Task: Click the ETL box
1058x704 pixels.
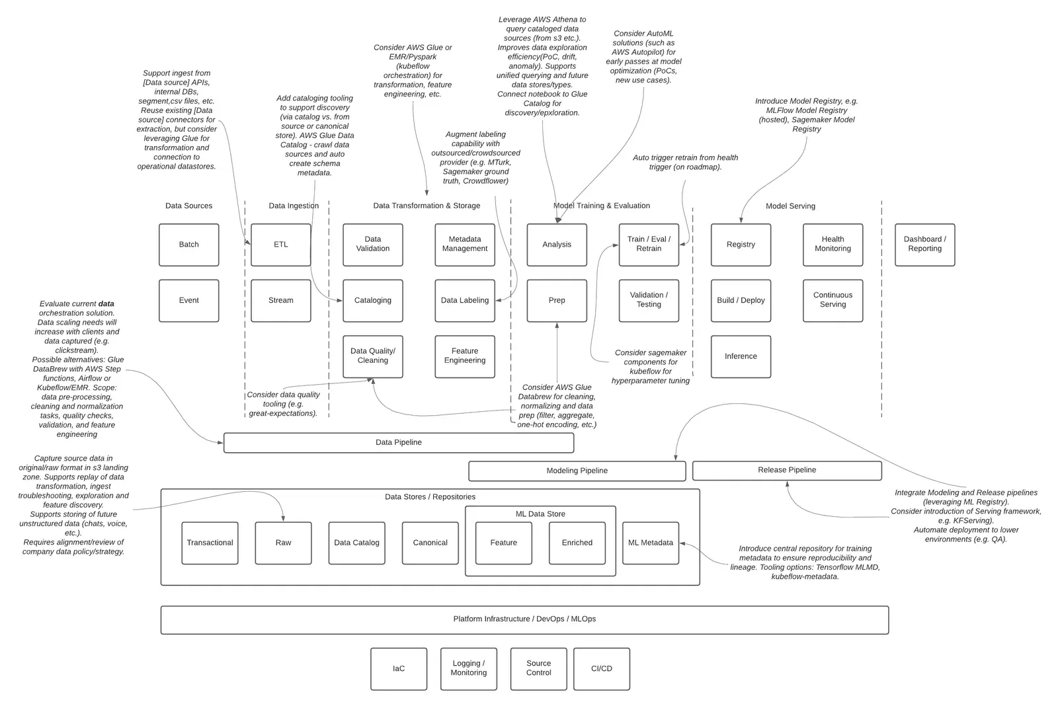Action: (x=280, y=245)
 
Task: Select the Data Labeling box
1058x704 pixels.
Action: (x=465, y=300)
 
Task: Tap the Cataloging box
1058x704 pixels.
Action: (x=373, y=300)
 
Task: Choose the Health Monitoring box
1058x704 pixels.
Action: (x=833, y=245)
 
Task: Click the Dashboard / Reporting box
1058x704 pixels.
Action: (x=925, y=245)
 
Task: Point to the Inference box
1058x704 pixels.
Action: (x=741, y=356)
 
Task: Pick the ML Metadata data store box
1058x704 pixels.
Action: (x=651, y=543)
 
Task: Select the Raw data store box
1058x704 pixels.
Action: (x=284, y=543)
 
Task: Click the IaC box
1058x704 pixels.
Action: (x=399, y=668)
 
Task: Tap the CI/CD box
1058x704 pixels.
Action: (x=602, y=668)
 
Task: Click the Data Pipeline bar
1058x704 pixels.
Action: (x=399, y=442)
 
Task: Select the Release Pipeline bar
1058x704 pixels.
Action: (x=787, y=470)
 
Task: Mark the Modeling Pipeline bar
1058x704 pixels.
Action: (x=577, y=471)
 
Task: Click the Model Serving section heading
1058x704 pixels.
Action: (x=790, y=206)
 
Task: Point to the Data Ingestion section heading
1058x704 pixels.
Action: (x=294, y=206)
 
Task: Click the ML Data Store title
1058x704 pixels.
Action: (x=540, y=514)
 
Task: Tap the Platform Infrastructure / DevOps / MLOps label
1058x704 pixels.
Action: (x=525, y=619)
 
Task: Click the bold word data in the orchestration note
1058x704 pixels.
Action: (x=106, y=303)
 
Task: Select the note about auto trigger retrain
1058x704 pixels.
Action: (x=685, y=162)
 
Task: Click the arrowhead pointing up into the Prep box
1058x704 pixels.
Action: (x=557, y=325)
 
